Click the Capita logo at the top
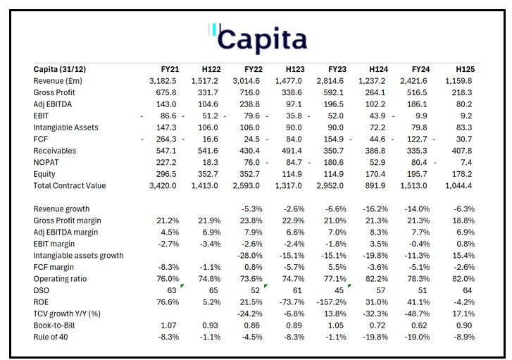pyautogui.click(x=258, y=38)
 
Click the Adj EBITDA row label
pyautogui.click(x=55, y=104)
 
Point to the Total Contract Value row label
pyautogui.click(x=69, y=185)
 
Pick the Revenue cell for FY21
pyautogui.click(x=164, y=81)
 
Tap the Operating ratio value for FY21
pyautogui.click(x=165, y=278)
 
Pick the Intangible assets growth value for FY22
pyautogui.click(x=246, y=255)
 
